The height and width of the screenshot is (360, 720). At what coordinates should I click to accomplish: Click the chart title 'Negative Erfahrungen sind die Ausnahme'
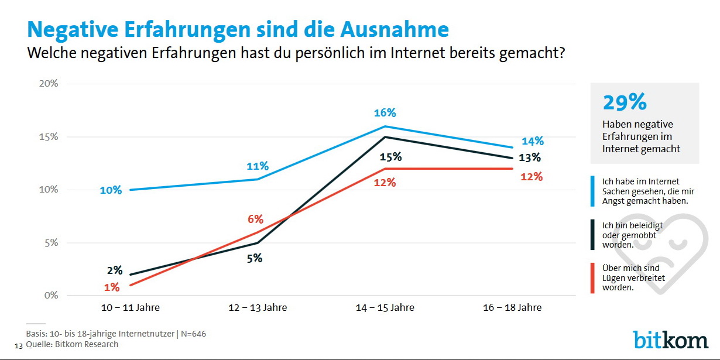click(238, 29)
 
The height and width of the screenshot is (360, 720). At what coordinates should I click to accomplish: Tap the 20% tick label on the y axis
click(48, 83)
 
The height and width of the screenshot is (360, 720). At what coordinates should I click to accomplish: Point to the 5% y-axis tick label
click(51, 242)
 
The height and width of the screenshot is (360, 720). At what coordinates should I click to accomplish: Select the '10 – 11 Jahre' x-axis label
click(122, 307)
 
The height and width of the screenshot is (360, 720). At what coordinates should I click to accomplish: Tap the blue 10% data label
click(111, 190)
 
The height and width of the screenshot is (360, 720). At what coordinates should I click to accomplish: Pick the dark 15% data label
click(390, 157)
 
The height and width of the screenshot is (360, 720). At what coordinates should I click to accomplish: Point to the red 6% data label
click(255, 220)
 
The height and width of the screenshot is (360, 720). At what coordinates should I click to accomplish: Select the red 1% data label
click(112, 287)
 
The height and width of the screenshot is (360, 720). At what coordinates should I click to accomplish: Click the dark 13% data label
click(529, 157)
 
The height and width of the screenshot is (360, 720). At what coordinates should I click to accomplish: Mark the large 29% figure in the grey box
click(624, 103)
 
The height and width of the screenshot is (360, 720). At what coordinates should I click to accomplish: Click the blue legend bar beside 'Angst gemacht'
click(592, 191)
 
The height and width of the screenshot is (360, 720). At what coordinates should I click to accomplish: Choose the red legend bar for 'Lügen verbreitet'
click(592, 278)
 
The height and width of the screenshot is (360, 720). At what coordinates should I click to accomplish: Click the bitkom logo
click(670, 340)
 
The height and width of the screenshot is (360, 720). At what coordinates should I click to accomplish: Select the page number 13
click(18, 345)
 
